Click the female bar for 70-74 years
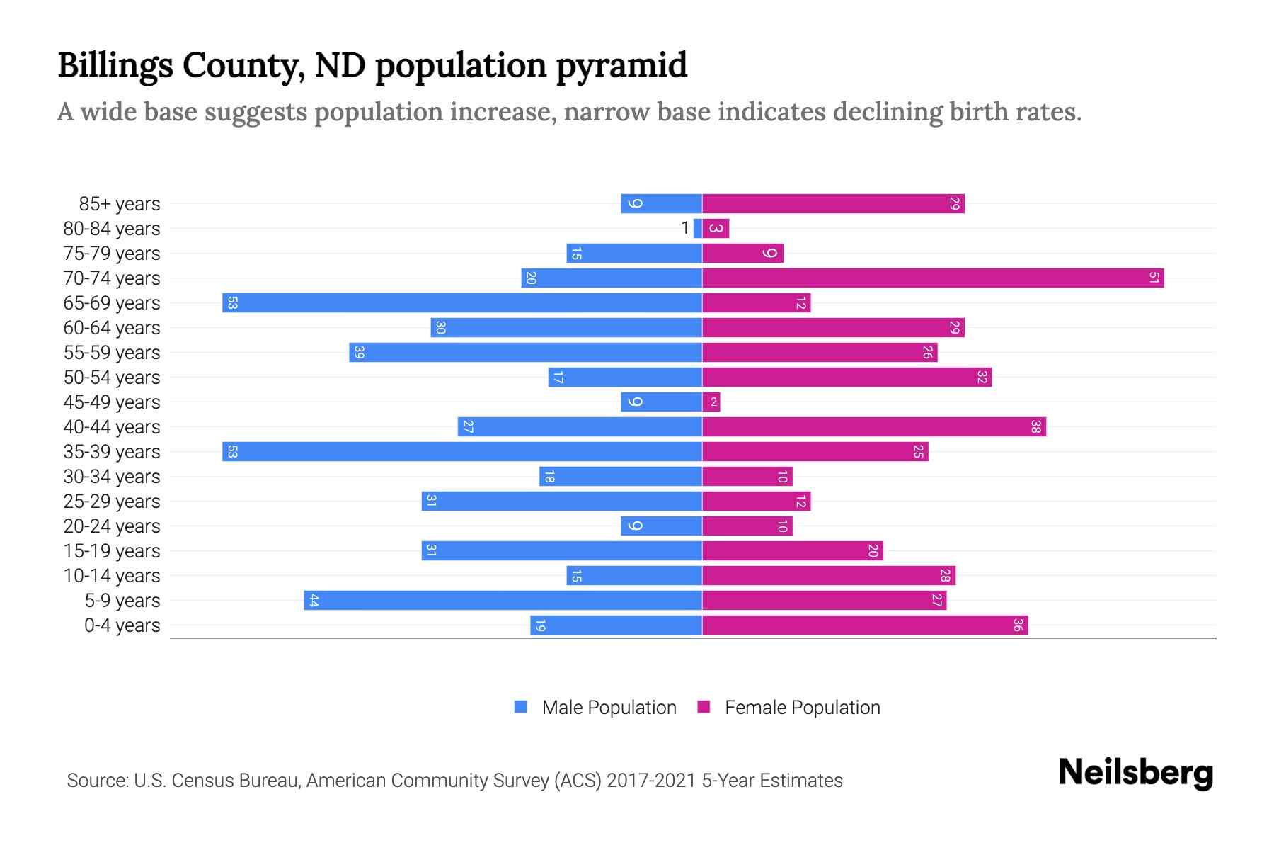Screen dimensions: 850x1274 (933, 278)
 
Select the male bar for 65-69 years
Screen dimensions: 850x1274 (461, 302)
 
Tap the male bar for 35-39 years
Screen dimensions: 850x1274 (461, 451)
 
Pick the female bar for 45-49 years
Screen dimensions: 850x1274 (711, 402)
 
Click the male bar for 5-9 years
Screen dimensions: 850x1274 (503, 600)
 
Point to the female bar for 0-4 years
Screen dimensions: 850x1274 (865, 625)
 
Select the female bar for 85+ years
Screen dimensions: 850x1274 (833, 203)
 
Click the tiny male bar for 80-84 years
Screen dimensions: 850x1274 (698, 228)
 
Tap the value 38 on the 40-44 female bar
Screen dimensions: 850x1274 (1035, 426)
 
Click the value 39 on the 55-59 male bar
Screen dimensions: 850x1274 (359, 352)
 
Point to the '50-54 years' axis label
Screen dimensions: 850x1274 (112, 377)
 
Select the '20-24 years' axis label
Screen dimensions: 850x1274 (112, 526)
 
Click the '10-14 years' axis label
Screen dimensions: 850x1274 (112, 575)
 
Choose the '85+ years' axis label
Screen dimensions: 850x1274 (119, 203)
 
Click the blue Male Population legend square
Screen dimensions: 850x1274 (521, 707)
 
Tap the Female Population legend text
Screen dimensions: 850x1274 (802, 707)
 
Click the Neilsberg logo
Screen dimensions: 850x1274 (1135, 773)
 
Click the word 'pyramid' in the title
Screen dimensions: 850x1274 (621, 65)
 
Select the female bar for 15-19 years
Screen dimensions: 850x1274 (793, 550)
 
